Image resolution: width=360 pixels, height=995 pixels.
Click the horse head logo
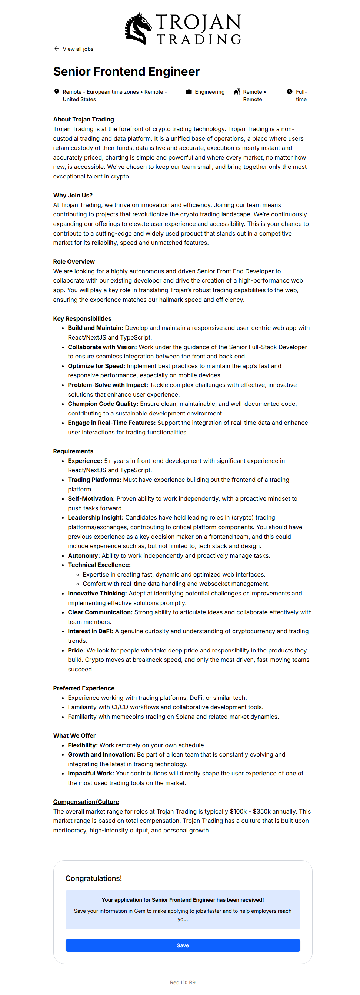coord(138,28)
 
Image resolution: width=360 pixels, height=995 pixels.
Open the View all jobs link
coord(78,49)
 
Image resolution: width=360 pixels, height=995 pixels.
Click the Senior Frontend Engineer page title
coord(126,71)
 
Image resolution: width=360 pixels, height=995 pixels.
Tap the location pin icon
coord(57,91)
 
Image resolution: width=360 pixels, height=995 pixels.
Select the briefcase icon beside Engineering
coord(189,91)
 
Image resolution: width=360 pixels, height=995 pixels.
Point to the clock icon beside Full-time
coord(290,91)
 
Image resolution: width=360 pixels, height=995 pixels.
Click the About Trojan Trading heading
coord(83,119)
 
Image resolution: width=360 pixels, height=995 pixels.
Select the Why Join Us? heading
coord(73,196)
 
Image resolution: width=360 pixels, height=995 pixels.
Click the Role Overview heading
coord(74,261)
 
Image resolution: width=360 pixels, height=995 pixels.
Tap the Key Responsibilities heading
coord(82,318)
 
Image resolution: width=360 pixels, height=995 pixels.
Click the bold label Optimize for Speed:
coord(97,366)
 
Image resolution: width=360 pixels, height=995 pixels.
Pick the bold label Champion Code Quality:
coord(103,404)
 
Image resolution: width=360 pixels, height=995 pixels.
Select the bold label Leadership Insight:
coord(96,517)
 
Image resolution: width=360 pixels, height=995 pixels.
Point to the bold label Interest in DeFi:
coord(90,631)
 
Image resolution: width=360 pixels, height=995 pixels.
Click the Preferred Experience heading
coord(84,688)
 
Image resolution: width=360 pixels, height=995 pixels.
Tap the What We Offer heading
coord(74,735)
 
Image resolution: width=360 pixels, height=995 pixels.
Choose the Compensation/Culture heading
coord(86,802)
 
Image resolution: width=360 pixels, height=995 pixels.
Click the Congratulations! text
coord(93,878)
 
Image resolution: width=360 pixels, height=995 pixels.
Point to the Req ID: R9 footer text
coord(183,982)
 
